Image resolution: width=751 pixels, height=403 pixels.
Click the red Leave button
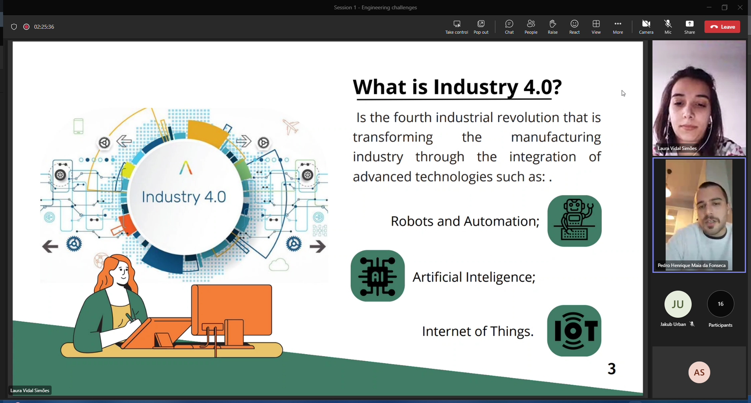click(722, 27)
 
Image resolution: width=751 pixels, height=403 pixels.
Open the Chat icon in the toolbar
click(509, 24)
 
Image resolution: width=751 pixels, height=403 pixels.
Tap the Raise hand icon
click(552, 24)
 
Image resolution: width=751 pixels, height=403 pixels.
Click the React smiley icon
click(575, 24)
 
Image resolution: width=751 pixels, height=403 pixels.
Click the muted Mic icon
click(667, 24)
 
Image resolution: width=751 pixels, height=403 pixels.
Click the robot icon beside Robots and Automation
click(575, 221)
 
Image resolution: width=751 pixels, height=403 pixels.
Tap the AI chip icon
click(377, 276)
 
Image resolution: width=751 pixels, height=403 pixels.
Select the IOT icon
click(574, 331)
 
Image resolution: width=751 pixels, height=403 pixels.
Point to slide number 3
click(612, 369)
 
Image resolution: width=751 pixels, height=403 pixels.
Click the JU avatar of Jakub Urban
click(678, 304)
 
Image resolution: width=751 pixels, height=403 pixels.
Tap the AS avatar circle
click(699, 372)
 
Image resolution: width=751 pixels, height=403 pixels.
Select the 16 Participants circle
click(720, 304)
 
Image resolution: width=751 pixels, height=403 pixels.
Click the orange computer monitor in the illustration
click(231, 310)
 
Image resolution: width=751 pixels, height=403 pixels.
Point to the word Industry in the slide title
click(475, 87)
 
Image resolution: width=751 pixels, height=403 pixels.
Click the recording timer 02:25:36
click(44, 27)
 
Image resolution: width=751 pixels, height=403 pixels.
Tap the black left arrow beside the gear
click(50, 246)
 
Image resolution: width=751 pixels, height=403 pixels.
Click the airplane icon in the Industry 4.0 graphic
click(291, 127)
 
